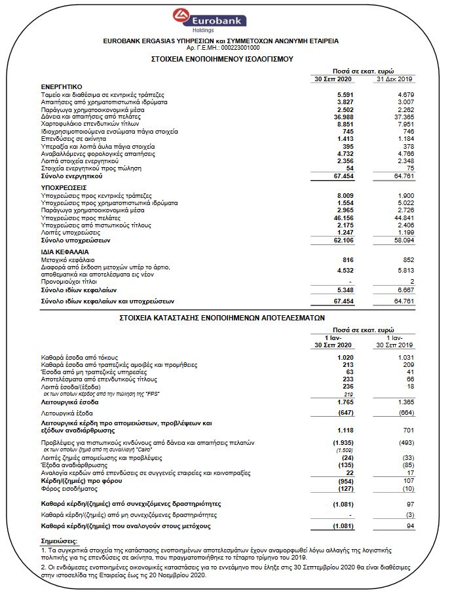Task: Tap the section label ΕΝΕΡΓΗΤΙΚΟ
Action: [x=61, y=86]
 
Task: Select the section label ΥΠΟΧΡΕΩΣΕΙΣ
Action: [x=64, y=187]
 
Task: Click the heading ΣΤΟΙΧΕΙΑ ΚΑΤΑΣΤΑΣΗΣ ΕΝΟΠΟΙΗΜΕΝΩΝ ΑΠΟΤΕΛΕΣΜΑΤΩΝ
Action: [x=222, y=315]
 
